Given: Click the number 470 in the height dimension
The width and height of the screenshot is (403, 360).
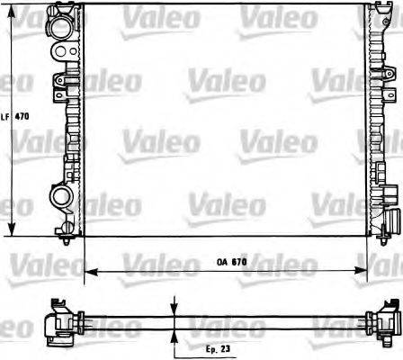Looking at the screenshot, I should click(22, 117).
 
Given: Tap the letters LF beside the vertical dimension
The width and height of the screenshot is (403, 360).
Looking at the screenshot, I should click(5, 117).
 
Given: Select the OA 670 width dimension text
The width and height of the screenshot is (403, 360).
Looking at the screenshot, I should click(231, 262).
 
